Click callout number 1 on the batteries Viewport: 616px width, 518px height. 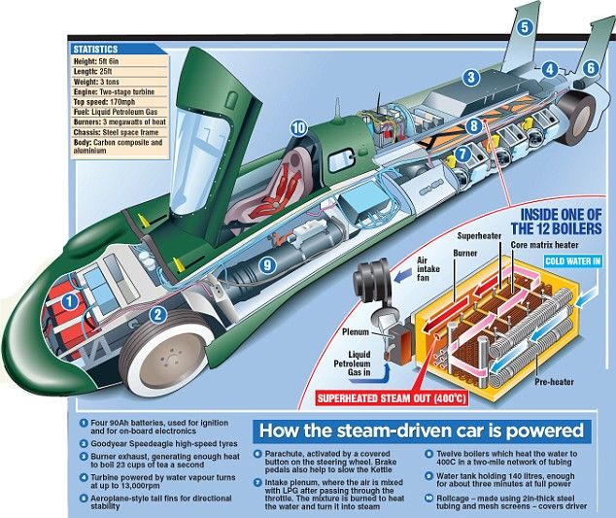70,302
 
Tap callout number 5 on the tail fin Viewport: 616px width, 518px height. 525,28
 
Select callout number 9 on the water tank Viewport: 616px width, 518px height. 267,265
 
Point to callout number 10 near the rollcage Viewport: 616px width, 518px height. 298,127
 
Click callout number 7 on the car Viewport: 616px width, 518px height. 463,154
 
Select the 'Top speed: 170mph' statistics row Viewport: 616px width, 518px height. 120,102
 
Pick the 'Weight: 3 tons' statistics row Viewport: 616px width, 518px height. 120,82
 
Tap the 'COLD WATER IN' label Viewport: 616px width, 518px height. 573,261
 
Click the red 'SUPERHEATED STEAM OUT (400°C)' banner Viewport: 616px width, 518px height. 392,398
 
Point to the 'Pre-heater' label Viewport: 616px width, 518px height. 554,382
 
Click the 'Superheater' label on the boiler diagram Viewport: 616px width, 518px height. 479,236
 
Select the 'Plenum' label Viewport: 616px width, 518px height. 356,331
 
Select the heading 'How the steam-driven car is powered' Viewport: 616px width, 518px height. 422,431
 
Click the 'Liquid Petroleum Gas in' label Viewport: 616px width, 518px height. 352,363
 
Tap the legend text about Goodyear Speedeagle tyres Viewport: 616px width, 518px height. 164,444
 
